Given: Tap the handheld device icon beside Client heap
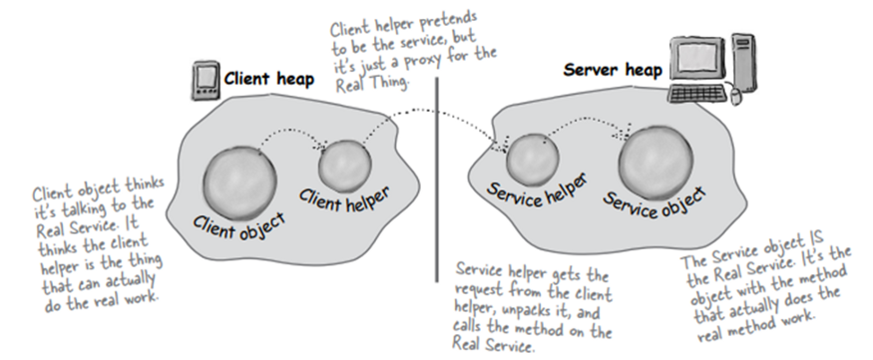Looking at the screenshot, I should click(x=204, y=80).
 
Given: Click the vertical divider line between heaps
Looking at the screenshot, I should click(x=436, y=180).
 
